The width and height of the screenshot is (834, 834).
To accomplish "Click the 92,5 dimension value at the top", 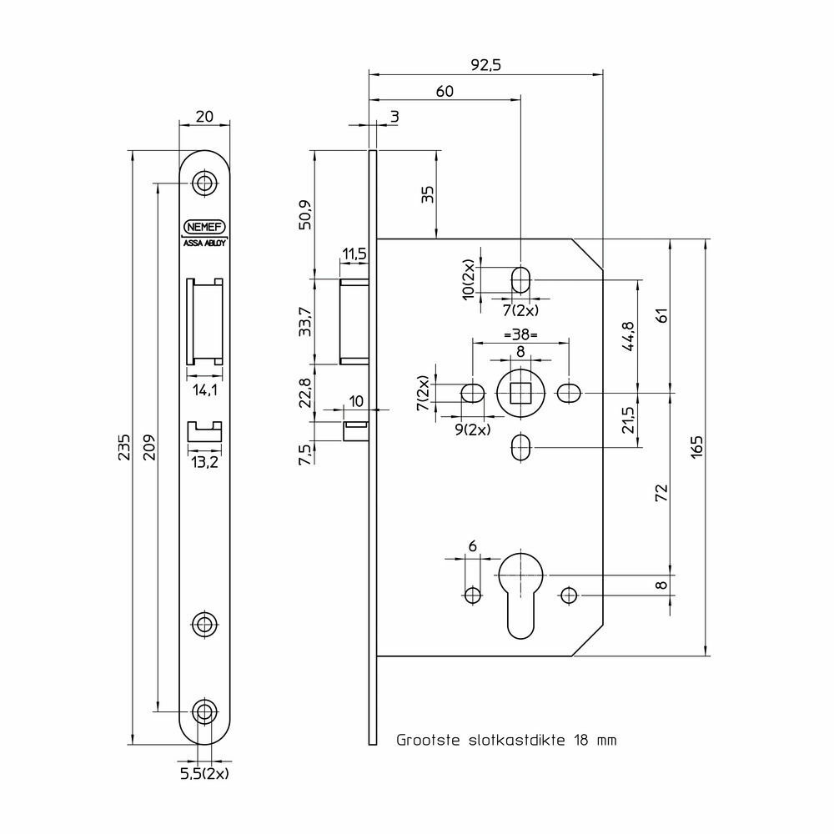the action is [485, 65].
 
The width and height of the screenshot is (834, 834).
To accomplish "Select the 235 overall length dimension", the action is [124, 447].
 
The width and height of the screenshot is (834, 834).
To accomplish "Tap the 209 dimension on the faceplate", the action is [149, 447].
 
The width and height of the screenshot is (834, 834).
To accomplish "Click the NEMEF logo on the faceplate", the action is [204, 227].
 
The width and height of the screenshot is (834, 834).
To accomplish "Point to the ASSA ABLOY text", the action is [205, 243].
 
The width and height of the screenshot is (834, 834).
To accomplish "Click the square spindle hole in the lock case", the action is [520, 394].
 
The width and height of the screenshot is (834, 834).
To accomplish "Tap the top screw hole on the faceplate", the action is [204, 183].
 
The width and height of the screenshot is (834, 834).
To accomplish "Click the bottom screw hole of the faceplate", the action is [204, 711].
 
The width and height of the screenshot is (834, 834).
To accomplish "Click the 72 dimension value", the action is [661, 493].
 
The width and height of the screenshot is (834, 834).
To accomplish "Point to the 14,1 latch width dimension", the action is [205, 390].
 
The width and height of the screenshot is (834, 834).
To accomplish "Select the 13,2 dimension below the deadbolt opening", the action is [205, 462].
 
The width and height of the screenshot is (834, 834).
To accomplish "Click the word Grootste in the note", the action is [428, 740].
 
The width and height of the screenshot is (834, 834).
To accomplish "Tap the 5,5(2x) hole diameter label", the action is [205, 773].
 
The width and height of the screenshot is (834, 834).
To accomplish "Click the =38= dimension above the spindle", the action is [520, 334].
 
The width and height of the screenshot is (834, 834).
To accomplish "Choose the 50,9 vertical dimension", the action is [305, 214].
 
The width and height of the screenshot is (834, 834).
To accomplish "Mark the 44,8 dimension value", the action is [628, 336].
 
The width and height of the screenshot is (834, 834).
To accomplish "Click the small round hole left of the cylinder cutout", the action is [473, 595].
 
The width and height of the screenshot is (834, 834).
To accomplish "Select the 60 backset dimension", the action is [445, 92].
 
